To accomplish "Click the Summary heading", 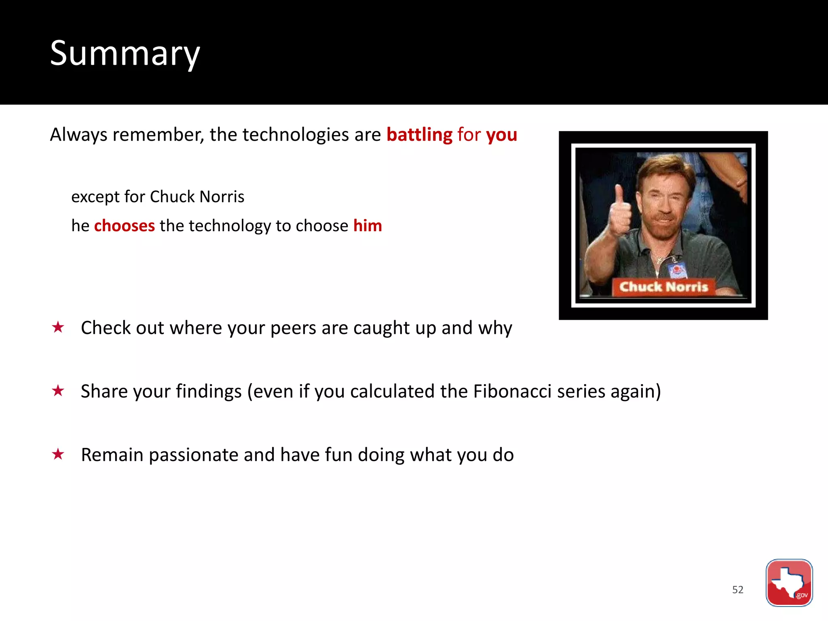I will point(125,53).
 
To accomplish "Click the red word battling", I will point(419,135).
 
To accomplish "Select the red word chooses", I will point(124,226).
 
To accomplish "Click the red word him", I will point(368,226).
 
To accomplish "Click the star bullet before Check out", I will point(58,327).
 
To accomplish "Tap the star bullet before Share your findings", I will point(58,391).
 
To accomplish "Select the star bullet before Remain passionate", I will point(58,454).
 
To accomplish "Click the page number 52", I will point(737,590).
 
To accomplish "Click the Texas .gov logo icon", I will point(789,583).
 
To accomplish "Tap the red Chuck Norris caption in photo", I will point(663,287).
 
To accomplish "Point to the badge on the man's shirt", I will point(678,269).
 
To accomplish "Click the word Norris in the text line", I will point(222,197).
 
